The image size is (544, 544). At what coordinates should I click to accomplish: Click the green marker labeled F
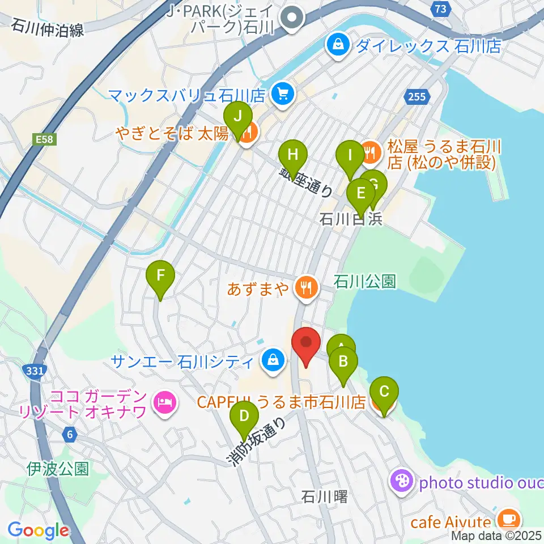coord(160,277)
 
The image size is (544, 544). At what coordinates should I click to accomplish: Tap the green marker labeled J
coord(239,117)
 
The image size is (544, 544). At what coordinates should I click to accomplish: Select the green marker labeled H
coord(292,155)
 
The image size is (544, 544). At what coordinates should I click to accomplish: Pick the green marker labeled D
coord(244,418)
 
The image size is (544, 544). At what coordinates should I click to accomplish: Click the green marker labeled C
coord(384,392)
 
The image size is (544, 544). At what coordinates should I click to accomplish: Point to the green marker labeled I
coord(350,155)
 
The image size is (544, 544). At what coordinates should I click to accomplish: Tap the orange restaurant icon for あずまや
coord(305,286)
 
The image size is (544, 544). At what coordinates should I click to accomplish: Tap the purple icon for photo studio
coord(402,482)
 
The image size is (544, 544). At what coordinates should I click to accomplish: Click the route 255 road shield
coord(416,97)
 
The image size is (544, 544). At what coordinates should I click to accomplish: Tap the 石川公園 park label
coord(364,282)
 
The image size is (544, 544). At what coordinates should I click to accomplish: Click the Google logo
coord(38,530)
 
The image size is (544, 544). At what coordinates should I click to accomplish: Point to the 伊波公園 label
coord(58,469)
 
